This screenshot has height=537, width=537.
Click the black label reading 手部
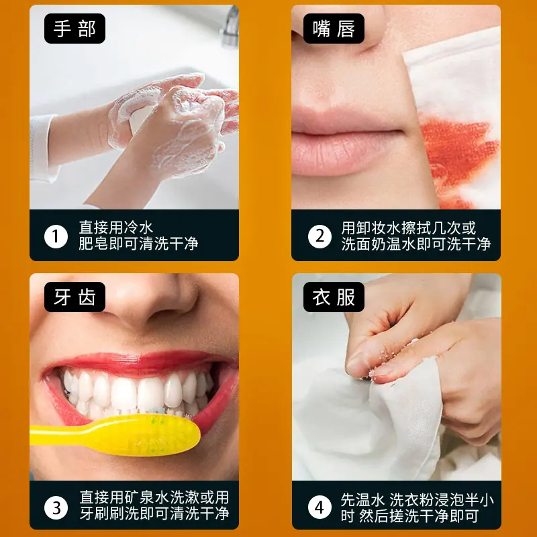pos(75,28)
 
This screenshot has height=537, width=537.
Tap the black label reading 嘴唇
pos(334,28)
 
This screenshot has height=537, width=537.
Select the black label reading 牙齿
pos(75,297)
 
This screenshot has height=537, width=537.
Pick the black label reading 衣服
pos(334,297)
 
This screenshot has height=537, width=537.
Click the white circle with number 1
pos(56,236)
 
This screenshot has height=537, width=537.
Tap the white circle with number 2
pos(320,236)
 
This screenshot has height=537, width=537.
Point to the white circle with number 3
pos(56,507)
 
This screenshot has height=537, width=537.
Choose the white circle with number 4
pos(320,507)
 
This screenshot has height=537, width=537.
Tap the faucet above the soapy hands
pos(230,28)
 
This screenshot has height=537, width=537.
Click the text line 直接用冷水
pos(115,228)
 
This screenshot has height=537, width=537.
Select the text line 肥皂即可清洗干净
pos(138,244)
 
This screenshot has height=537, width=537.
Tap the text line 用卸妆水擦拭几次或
pos(409,228)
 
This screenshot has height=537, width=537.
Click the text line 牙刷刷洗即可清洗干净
pos(154,514)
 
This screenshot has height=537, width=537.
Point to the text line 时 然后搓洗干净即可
pos(409,516)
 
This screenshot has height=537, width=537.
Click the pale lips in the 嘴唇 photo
pos(346,140)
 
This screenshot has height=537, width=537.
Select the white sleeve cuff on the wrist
pos(43,149)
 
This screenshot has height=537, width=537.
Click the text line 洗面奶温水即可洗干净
pos(416,244)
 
